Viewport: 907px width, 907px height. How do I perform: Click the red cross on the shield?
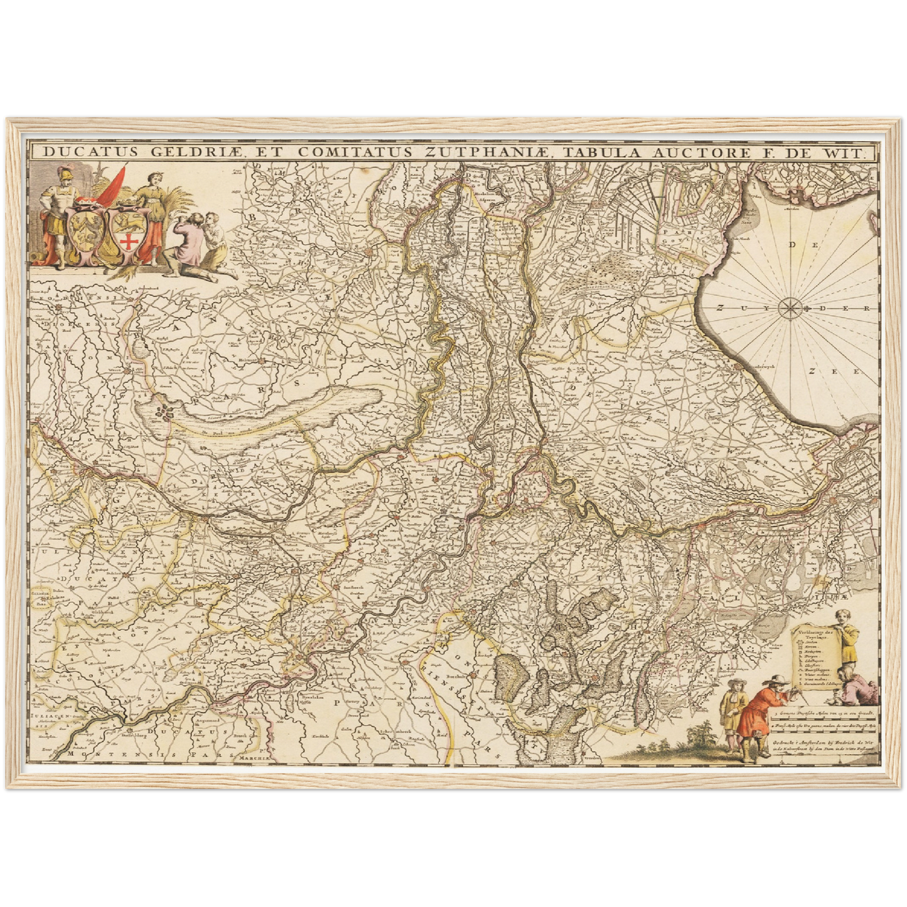(x=129, y=242)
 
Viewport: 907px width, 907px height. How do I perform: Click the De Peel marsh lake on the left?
(x=264, y=411)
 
